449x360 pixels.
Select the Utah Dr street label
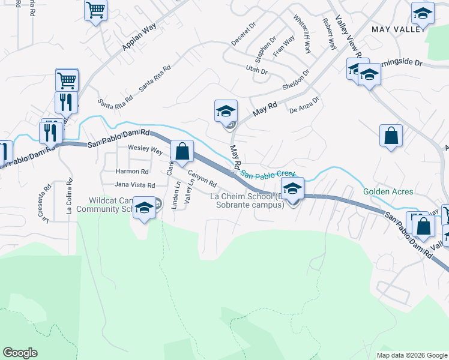tap(256, 70)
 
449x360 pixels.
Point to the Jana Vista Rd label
tap(135, 185)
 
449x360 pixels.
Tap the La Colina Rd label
tap(70, 196)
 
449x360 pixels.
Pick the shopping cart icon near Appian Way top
tap(96, 11)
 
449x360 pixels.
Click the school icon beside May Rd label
tap(226, 112)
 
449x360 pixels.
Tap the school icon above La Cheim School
tap(292, 189)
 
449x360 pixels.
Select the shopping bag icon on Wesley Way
tap(182, 151)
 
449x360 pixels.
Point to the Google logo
tap(20, 353)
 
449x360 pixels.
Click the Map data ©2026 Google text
tap(411, 355)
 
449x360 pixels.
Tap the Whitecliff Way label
tap(302, 35)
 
